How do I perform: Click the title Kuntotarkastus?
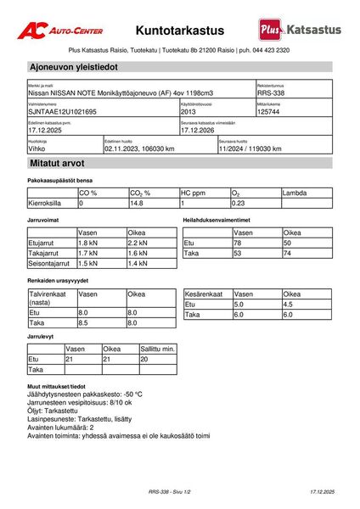(180, 30)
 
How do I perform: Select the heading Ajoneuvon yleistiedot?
(73, 66)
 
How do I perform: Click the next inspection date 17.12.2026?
(200, 131)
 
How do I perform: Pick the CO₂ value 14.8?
(137, 204)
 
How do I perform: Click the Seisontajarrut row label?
(49, 263)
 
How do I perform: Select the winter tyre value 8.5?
(83, 322)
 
